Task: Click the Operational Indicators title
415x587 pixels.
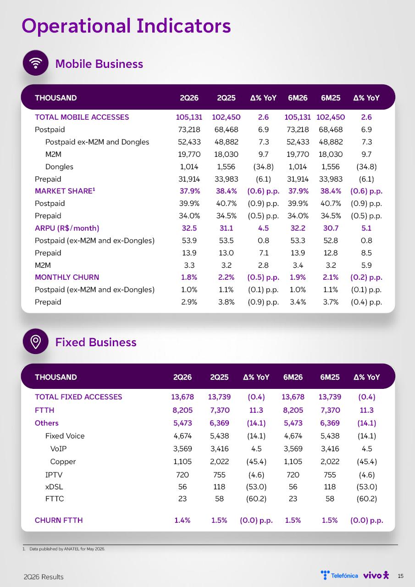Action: click(x=126, y=26)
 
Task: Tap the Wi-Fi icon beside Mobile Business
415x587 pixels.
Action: click(x=36, y=63)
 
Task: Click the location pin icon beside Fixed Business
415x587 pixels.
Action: click(x=36, y=341)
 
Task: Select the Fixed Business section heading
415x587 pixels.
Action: click(x=96, y=342)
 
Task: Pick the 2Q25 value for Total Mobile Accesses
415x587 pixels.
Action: click(x=226, y=117)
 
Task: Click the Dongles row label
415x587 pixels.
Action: click(x=59, y=166)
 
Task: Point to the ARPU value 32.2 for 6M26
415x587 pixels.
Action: click(x=298, y=228)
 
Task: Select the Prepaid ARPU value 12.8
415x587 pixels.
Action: click(x=331, y=253)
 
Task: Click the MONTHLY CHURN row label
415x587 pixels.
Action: click(x=67, y=277)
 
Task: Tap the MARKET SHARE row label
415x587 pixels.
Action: click(x=65, y=191)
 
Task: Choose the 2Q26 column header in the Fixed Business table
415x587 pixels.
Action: click(x=183, y=377)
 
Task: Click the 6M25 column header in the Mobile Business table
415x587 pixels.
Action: click(x=331, y=98)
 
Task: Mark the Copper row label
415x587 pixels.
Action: click(x=63, y=461)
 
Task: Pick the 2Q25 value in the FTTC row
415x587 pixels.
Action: click(x=219, y=498)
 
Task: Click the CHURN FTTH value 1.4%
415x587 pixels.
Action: click(x=183, y=520)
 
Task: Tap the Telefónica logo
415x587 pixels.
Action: click(x=339, y=575)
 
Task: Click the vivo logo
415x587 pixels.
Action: click(x=376, y=575)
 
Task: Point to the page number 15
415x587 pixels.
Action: click(x=401, y=576)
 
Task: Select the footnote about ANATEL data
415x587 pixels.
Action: click(x=64, y=549)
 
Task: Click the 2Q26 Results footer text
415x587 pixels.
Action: click(x=44, y=577)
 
